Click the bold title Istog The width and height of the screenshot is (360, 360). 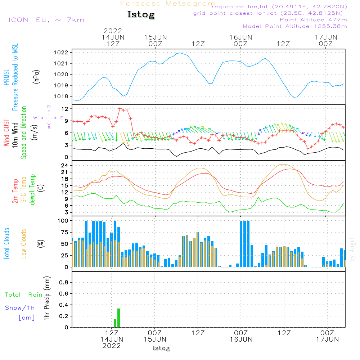point(141,15)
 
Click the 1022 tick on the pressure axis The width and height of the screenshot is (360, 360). point(62,53)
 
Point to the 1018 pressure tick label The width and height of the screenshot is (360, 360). point(62,96)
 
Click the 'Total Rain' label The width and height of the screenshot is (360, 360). point(23,295)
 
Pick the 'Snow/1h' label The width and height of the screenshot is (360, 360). point(20,308)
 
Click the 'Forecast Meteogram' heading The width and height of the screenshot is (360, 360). point(168,4)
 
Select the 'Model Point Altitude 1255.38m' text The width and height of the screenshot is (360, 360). point(295,26)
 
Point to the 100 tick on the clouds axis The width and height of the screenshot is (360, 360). point(63,221)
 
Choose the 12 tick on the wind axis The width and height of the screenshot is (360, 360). point(65,109)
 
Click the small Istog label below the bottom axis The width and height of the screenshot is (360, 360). point(161,348)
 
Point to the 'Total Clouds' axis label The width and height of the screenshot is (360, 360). point(6,244)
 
